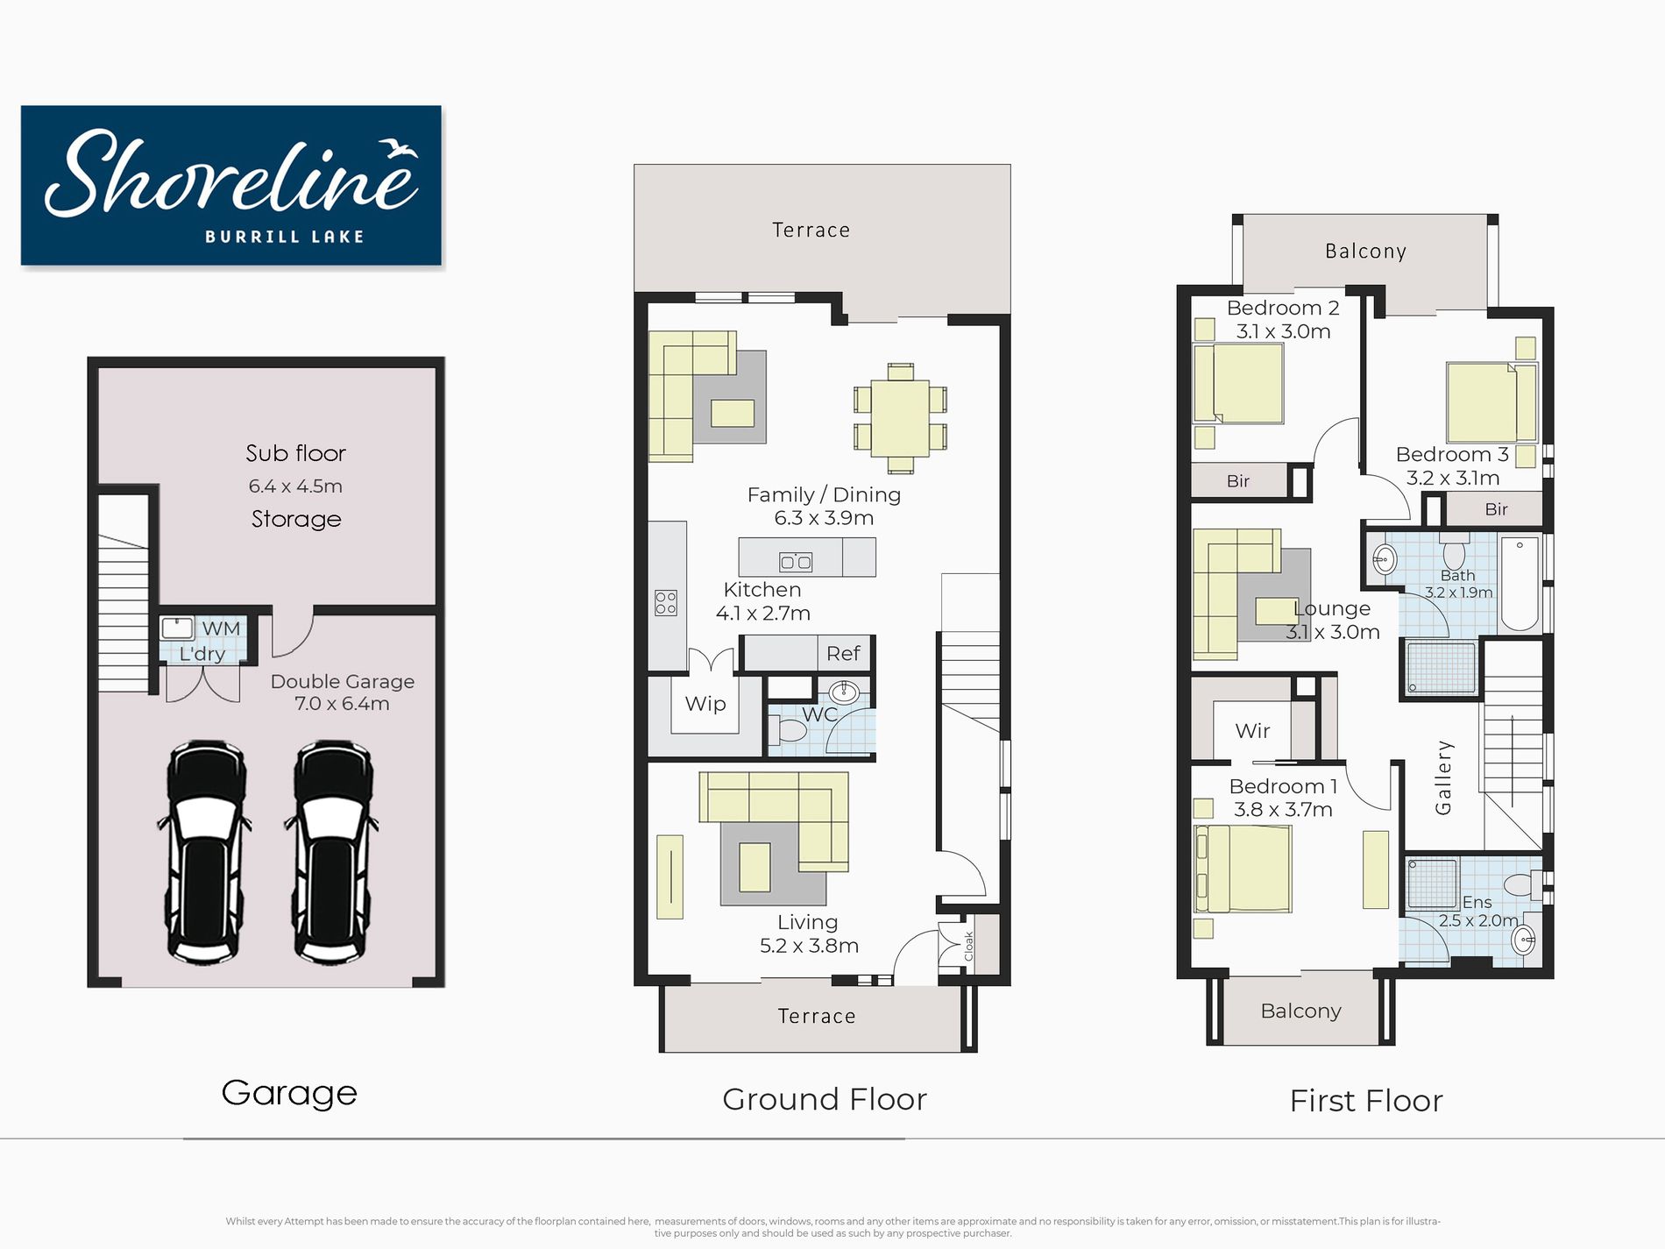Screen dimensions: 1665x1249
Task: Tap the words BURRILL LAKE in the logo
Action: [x=285, y=237]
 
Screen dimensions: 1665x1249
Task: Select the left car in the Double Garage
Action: [x=205, y=852]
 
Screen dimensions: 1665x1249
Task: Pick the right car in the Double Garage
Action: [x=332, y=852]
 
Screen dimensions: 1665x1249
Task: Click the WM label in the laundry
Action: [x=221, y=628]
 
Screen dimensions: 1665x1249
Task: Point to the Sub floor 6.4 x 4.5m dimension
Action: [x=295, y=486]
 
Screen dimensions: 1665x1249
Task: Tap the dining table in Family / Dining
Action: [x=900, y=418]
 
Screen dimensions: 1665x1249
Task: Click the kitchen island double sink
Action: [x=796, y=562]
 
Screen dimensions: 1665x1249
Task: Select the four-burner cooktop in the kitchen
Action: [x=666, y=602]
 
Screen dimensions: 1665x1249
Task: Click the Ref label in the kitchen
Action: [x=843, y=653]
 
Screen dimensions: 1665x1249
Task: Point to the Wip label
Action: [x=705, y=704]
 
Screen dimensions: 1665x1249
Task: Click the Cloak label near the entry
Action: [x=968, y=946]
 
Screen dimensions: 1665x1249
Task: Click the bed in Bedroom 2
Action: [x=1239, y=383]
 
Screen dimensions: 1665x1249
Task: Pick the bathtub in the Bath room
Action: [x=1520, y=584]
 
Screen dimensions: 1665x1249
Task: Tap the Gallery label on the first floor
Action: [x=1443, y=777]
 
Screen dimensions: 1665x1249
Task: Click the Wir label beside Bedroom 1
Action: [x=1252, y=731]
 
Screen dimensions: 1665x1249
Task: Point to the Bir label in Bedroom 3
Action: [x=1497, y=509]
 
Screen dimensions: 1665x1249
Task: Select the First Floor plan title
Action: [x=1366, y=1101]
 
